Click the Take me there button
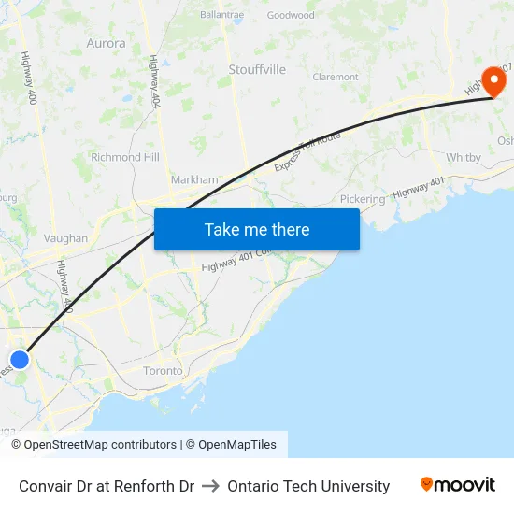(x=256, y=229)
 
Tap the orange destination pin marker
(x=492, y=79)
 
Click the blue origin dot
(x=20, y=360)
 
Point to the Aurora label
(x=106, y=42)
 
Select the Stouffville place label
(x=257, y=69)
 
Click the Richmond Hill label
(x=125, y=157)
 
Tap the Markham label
(x=194, y=179)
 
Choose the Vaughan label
(x=65, y=238)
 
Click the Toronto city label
(x=163, y=371)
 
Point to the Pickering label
(x=363, y=199)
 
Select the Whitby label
(x=464, y=157)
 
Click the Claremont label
(x=336, y=77)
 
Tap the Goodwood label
(x=291, y=15)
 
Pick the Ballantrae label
(x=221, y=15)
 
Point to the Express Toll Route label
(x=307, y=151)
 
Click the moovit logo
(x=457, y=485)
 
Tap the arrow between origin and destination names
(x=210, y=486)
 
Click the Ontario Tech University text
(x=308, y=486)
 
